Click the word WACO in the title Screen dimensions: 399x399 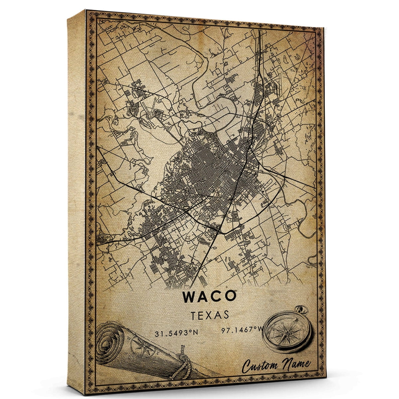pyautogui.click(x=209, y=296)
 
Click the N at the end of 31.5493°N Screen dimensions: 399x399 pyautogui.click(x=196, y=332)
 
